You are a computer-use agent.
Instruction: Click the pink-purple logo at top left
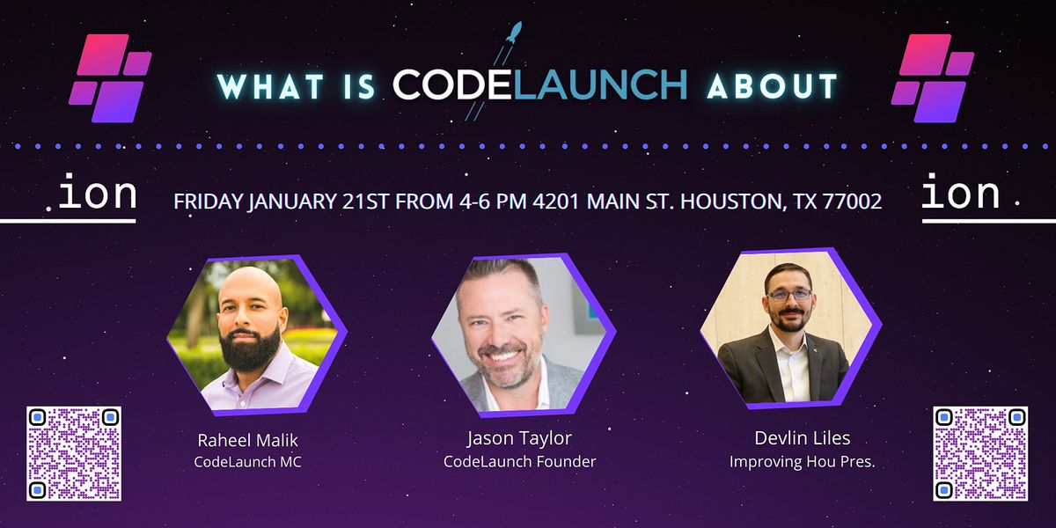[x=110, y=77]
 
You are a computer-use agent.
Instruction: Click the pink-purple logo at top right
[x=933, y=77]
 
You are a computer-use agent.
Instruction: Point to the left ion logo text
[x=97, y=194]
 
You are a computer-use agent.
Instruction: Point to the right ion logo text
[x=961, y=194]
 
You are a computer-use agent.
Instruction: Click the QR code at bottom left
[x=74, y=453]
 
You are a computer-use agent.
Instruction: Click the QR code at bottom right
[x=980, y=453]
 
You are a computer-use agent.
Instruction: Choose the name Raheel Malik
[x=247, y=441]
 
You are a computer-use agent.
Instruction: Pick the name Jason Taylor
[x=519, y=439]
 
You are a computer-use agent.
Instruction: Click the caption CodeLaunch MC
[x=247, y=462]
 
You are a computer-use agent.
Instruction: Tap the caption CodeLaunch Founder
[x=519, y=461]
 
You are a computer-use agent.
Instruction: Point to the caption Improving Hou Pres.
[x=802, y=461]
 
